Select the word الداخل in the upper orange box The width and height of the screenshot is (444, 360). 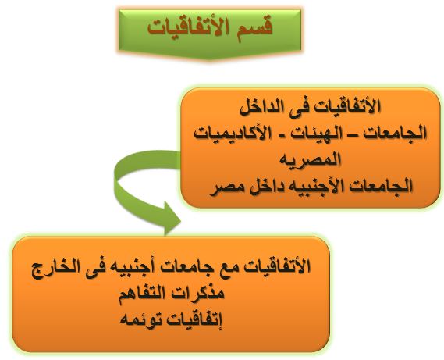(x=261, y=107)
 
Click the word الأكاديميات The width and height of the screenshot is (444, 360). (x=227, y=134)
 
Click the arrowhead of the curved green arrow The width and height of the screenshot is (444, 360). (x=171, y=219)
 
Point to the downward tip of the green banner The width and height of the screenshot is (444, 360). (x=210, y=59)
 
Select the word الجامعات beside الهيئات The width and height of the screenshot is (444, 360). (x=396, y=134)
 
